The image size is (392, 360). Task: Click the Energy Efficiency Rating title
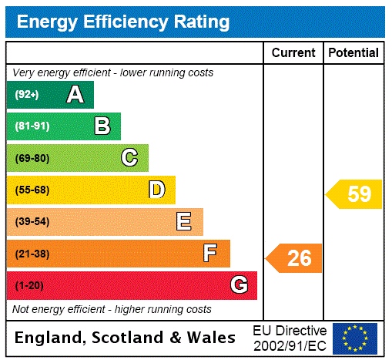123,22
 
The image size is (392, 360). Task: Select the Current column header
293,53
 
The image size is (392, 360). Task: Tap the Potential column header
353,53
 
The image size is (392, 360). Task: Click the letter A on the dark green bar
75,95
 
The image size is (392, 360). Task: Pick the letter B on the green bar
102,126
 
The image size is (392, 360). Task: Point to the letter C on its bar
129,158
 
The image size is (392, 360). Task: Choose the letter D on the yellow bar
156,190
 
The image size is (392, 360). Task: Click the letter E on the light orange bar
184,222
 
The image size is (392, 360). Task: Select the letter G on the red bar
239,285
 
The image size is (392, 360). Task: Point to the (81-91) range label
32,126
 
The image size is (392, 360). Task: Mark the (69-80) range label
32,158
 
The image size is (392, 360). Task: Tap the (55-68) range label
32,190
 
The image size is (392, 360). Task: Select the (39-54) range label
32,222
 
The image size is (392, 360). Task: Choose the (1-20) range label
29,285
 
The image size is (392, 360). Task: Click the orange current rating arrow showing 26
294,258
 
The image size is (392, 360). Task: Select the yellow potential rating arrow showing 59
354,194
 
